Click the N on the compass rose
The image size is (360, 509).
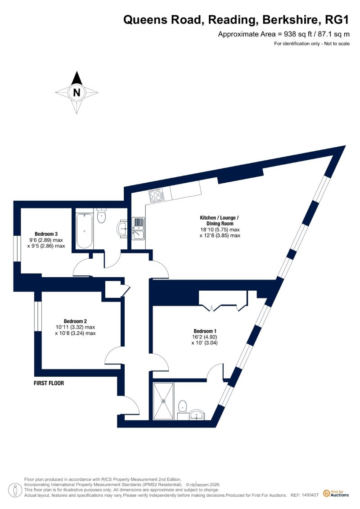pyautogui.click(x=76, y=93)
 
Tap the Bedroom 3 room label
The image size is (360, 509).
pyautogui.click(x=46, y=234)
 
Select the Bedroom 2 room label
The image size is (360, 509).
pyautogui.click(x=75, y=321)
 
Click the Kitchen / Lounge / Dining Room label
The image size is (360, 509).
pyautogui.click(x=220, y=221)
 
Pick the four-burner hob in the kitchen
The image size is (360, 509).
pyautogui.click(x=156, y=195)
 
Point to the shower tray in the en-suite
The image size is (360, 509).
pyautogui.click(x=164, y=401)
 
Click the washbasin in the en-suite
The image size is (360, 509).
pyautogui.click(x=197, y=414)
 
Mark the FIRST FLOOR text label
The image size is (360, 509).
pyautogui.click(x=49, y=383)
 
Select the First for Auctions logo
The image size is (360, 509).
pyautogui.click(x=336, y=494)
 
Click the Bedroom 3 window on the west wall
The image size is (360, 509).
pyautogui.click(x=17, y=248)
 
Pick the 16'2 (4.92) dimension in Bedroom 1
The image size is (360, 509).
pyautogui.click(x=204, y=337)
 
